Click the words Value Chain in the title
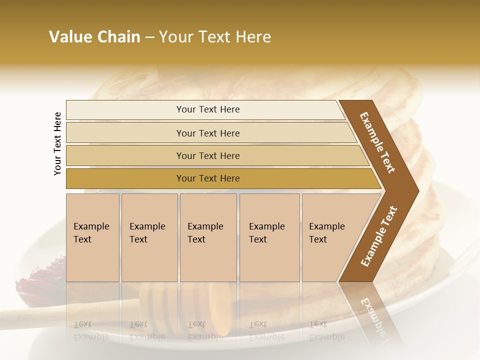[94, 37]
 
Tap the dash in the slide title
[149, 37]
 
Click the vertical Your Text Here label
[58, 143]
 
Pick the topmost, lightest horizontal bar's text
[208, 109]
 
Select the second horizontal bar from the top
[208, 133]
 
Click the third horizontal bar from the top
[208, 156]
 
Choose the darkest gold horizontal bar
[208, 178]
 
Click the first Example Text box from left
[92, 237]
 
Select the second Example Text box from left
[148, 237]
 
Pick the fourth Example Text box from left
[268, 237]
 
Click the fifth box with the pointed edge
[330, 237]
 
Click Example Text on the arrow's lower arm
[379, 236]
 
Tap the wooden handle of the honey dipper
[60, 315]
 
